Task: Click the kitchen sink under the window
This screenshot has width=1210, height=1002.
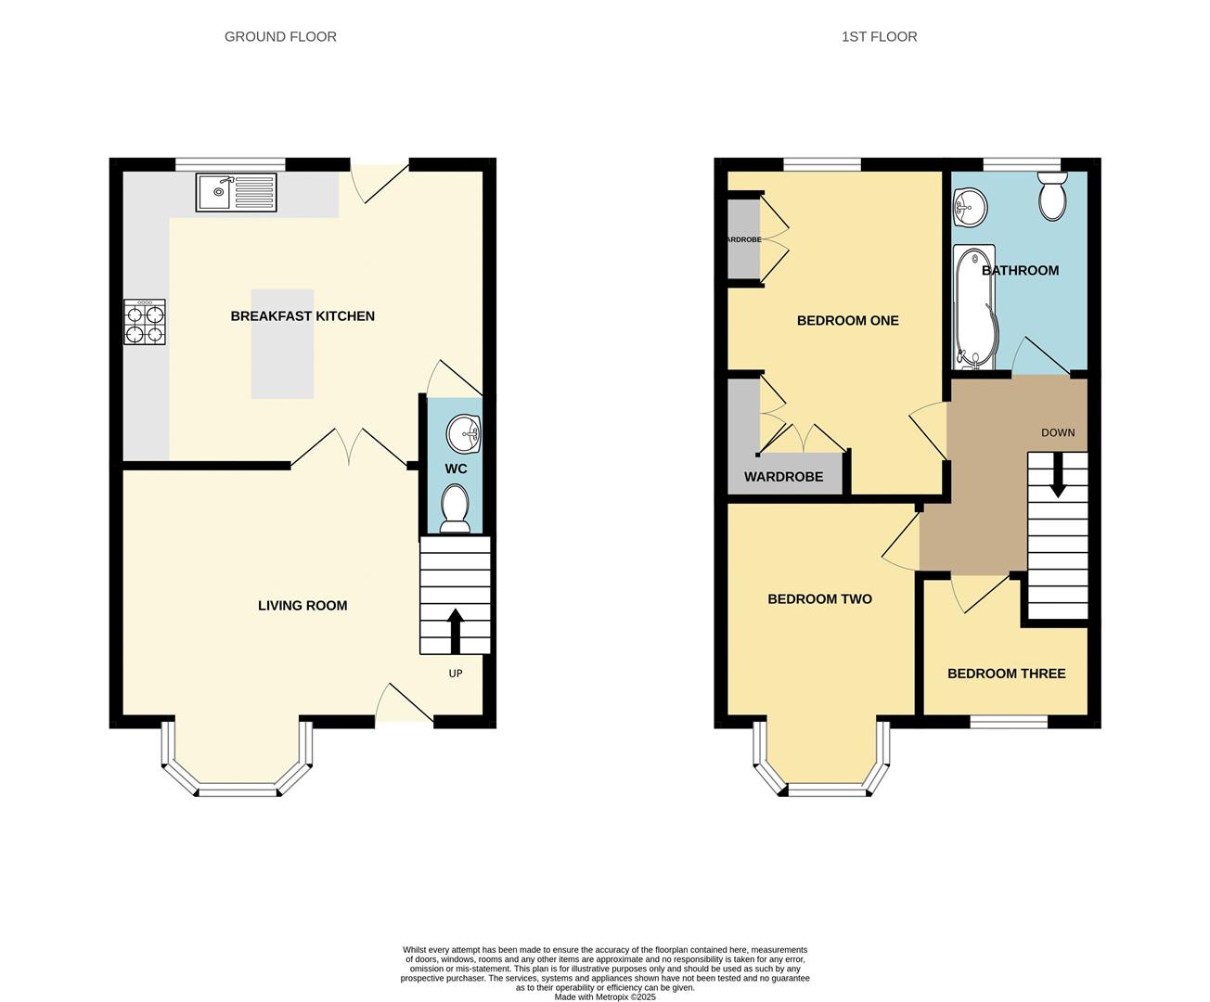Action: [236, 192]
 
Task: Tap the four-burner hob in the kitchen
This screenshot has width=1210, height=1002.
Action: [145, 322]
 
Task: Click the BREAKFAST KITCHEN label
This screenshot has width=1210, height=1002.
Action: [302, 316]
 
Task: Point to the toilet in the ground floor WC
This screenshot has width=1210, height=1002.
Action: [455, 509]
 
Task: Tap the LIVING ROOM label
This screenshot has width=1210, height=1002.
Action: [302, 606]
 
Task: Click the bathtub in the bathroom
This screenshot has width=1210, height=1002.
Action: [973, 307]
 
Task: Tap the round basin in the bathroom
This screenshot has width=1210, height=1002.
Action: [970, 207]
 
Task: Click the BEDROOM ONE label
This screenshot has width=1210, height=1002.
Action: [847, 321]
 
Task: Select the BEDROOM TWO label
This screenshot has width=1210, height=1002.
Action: [819, 599]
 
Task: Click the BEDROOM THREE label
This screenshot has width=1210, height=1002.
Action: [1006, 674]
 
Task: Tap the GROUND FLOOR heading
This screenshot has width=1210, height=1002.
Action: [280, 37]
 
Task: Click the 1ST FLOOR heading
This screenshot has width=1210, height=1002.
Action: [879, 37]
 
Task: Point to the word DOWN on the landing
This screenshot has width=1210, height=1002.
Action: [1058, 433]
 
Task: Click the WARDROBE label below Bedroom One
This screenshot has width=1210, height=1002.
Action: [783, 477]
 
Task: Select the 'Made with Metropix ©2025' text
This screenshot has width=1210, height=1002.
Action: [605, 997]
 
